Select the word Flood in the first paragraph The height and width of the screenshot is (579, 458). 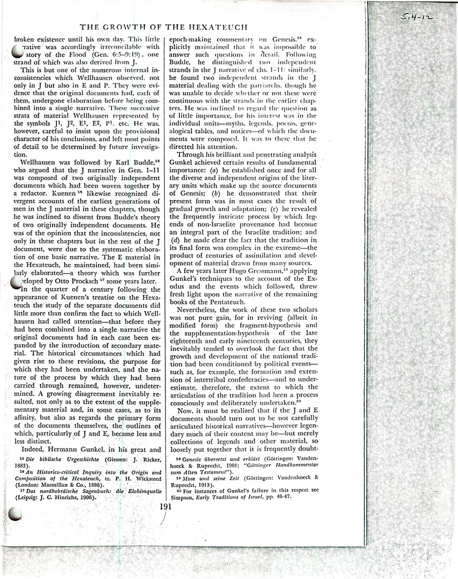[61, 54]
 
